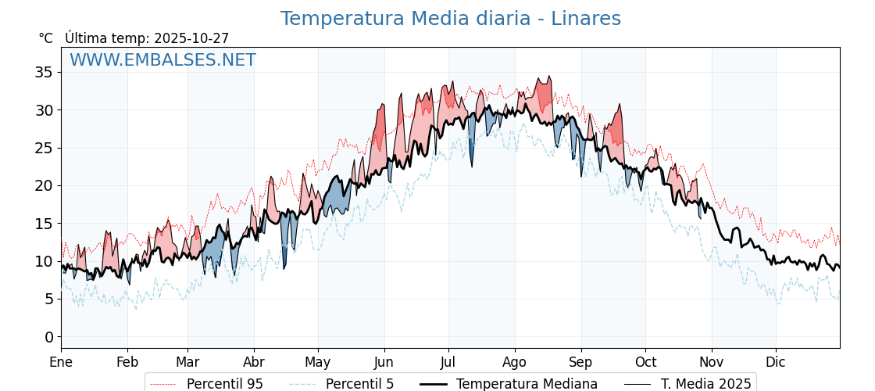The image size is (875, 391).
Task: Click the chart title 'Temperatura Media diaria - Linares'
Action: pyautogui.click(x=451, y=19)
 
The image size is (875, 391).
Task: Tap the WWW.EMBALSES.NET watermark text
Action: pyautogui.click(x=162, y=60)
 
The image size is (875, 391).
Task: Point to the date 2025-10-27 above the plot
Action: pyautogui.click(x=191, y=38)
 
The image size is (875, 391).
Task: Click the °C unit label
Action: pyautogui.click(x=46, y=38)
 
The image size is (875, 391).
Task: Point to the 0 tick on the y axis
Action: pyautogui.click(x=49, y=337)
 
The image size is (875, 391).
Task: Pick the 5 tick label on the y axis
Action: pyautogui.click(x=49, y=300)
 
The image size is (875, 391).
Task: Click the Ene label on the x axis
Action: pyautogui.click(x=61, y=362)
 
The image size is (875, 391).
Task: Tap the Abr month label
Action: pyautogui.click(x=254, y=362)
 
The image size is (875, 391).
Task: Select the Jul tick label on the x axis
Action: pyautogui.click(x=448, y=362)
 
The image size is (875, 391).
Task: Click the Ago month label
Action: pyautogui.click(x=515, y=362)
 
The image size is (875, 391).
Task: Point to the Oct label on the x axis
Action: pyautogui.click(x=645, y=362)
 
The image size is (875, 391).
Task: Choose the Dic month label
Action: pyautogui.click(x=776, y=362)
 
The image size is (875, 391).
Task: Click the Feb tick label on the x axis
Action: pyautogui.click(x=127, y=362)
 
